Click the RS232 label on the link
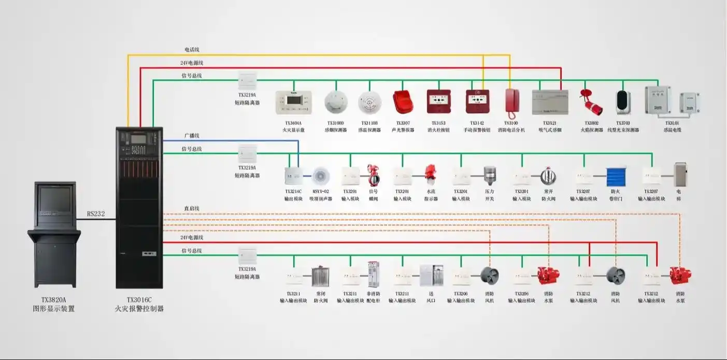[x=96, y=214]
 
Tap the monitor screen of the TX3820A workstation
[x=55, y=199]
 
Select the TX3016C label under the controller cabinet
[x=139, y=300]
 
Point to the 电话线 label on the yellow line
[x=192, y=50]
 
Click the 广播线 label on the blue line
[x=192, y=136]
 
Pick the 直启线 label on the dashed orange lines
[x=192, y=209]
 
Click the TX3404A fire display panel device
[x=293, y=102]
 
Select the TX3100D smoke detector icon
[x=335, y=102]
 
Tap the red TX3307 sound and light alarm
[x=403, y=102]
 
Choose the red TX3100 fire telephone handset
[x=512, y=102]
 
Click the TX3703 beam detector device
[x=622, y=103]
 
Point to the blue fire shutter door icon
[x=616, y=177]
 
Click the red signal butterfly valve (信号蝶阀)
[x=373, y=176]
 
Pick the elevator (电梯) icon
[x=680, y=175]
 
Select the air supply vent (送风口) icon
[x=431, y=275]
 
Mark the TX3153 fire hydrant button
[x=438, y=102]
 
